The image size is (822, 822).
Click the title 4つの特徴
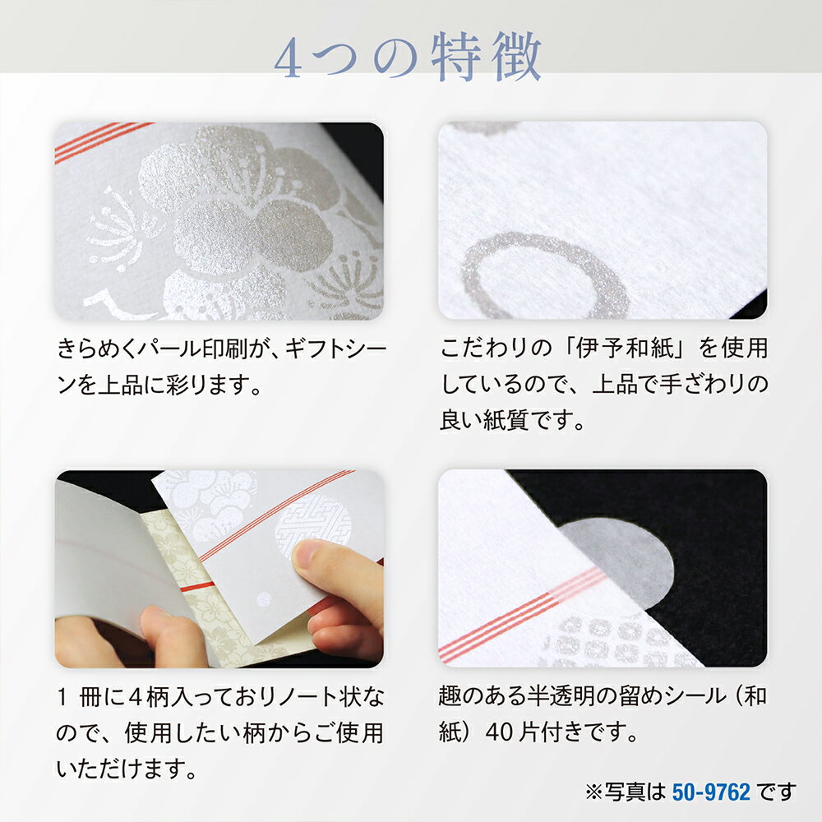tap(408, 58)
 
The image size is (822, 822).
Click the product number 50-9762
tap(711, 792)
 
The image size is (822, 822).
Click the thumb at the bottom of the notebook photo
tap(169, 633)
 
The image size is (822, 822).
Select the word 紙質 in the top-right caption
tap(498, 422)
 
